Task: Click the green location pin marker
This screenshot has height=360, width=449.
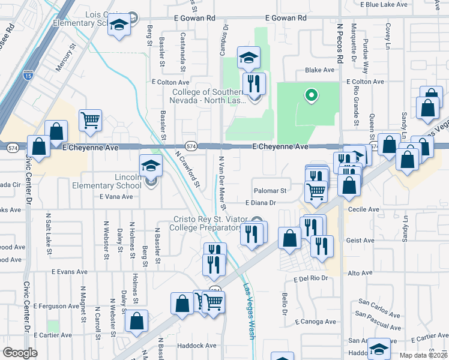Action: pyautogui.click(x=311, y=95)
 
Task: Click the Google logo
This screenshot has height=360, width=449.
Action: pyautogui.click(x=20, y=353)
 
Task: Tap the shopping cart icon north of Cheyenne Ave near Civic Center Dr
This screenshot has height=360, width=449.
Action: pyautogui.click(x=90, y=120)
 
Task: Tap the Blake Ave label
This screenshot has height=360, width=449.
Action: pyautogui.click(x=319, y=70)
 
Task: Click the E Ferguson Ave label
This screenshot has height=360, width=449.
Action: pyautogui.click(x=56, y=306)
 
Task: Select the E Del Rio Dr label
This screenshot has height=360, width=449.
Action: pyautogui.click(x=313, y=279)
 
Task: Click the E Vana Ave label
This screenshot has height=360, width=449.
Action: pyautogui.click(x=116, y=196)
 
